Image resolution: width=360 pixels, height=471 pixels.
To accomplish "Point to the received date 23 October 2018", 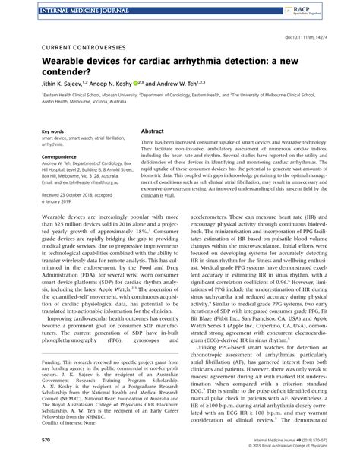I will pos(61,194).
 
